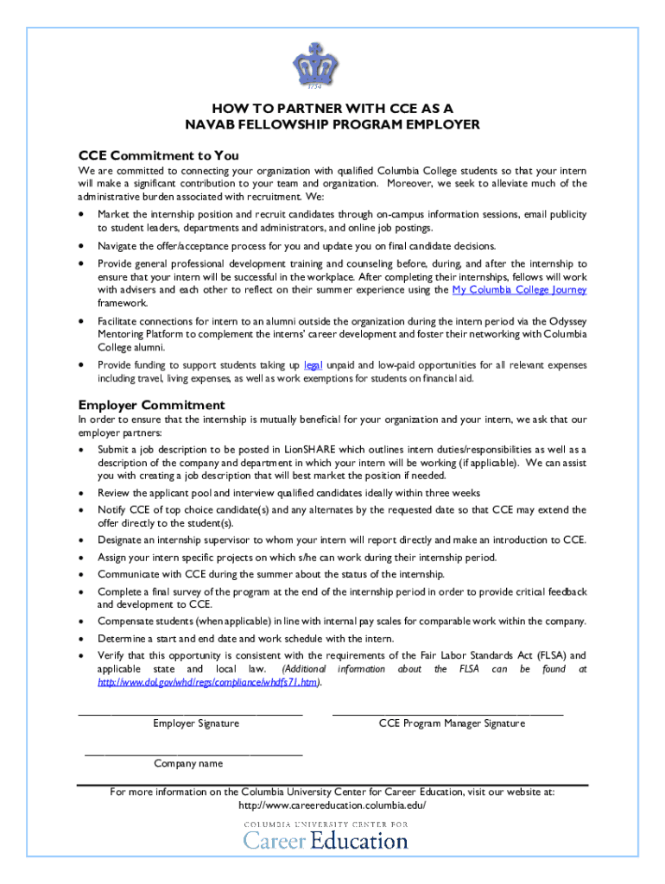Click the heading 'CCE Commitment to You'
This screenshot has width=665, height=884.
pyautogui.click(x=158, y=156)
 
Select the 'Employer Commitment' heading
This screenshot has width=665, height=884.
pyautogui.click(x=151, y=405)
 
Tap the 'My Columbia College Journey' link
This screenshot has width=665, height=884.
pyautogui.click(x=519, y=290)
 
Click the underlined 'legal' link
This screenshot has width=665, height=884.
pyautogui.click(x=313, y=365)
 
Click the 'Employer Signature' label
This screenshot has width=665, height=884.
pyautogui.click(x=196, y=723)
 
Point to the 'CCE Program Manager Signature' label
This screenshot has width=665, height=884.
pyautogui.click(x=452, y=723)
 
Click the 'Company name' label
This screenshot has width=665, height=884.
pyautogui.click(x=188, y=763)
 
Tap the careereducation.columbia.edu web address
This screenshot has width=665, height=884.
pyautogui.click(x=332, y=805)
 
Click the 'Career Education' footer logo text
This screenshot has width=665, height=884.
pyautogui.click(x=326, y=839)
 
